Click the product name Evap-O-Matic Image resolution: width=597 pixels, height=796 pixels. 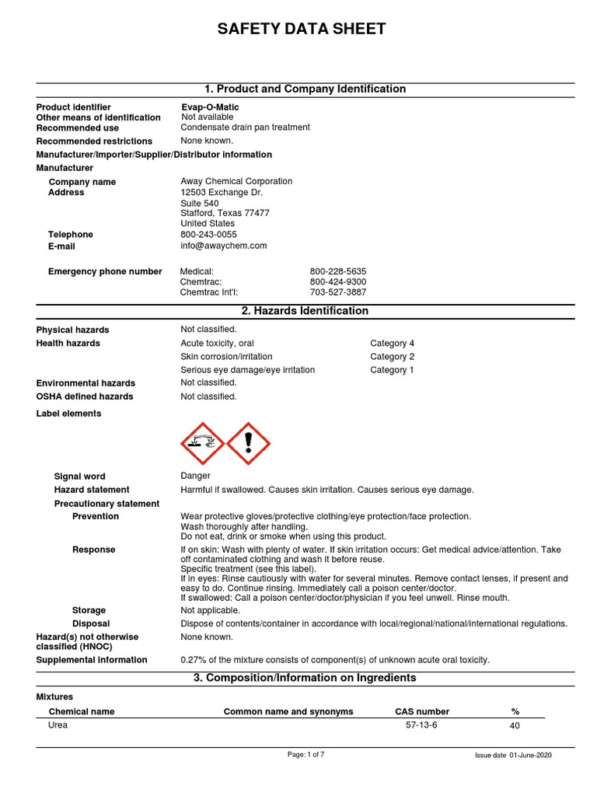pos(210,107)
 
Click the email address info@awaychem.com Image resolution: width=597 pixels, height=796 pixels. pos(224,246)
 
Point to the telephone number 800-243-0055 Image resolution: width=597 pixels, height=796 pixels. pos(209,235)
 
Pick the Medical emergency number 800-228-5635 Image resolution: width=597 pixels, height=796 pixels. pos(338,271)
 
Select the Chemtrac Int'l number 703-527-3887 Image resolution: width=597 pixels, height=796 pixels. pos(338,292)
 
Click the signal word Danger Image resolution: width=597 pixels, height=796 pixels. pos(195,477)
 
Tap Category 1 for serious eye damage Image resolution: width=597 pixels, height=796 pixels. pos(392,370)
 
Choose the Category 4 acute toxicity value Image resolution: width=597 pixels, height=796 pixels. pos(392,344)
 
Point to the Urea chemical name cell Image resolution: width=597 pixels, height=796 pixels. pos(58,724)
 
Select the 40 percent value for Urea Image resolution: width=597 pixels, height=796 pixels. pos(515,725)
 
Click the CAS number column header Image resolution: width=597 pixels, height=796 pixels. pos(422,711)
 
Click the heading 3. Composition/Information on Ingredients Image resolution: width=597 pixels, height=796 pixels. pos(305,678)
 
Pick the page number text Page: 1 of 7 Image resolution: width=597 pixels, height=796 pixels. pos(306,754)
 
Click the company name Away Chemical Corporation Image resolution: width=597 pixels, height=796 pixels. pos(236,181)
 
